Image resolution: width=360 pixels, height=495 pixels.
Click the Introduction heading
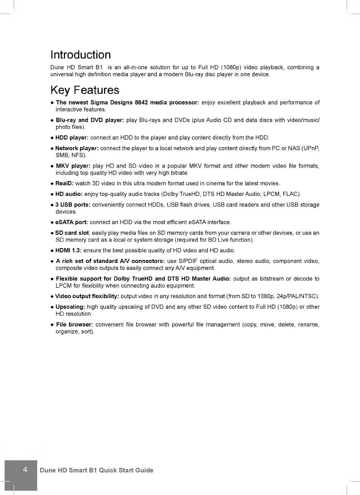[81, 55]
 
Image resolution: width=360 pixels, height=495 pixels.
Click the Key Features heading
[85, 90]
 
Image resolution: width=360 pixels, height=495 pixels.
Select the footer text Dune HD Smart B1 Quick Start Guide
[96, 470]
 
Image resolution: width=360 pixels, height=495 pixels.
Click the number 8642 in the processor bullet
[141, 102]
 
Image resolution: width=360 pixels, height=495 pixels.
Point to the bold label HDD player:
[72, 138]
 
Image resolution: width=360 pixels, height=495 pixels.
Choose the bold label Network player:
[77, 148]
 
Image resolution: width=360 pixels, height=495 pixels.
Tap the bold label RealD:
[65, 183]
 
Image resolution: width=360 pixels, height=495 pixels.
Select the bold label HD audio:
[69, 194]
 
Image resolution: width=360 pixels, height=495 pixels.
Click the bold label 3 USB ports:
[73, 205]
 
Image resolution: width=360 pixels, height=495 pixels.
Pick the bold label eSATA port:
[72, 222]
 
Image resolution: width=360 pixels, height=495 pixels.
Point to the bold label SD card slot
[72, 233]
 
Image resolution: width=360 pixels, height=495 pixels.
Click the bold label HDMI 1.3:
[68, 250]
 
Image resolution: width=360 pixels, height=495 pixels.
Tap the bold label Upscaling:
[70, 307]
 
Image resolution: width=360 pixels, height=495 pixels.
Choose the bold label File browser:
[75, 325]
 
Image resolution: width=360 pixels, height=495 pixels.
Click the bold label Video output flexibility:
[87, 296]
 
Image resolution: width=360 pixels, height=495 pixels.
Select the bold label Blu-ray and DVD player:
[90, 120]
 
